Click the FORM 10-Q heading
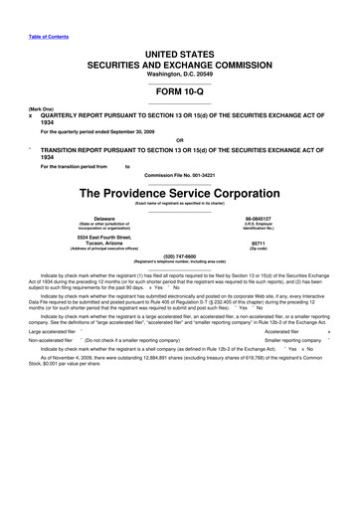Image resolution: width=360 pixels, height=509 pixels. pyautogui.click(x=179, y=88)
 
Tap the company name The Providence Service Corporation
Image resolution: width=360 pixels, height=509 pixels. pyautogui.click(x=179, y=193)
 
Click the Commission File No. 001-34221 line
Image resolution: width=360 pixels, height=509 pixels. pyautogui.click(x=179, y=176)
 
